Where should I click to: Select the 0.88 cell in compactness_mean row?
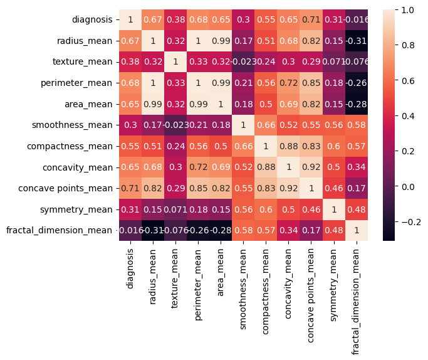pyautogui.click(x=286, y=146)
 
